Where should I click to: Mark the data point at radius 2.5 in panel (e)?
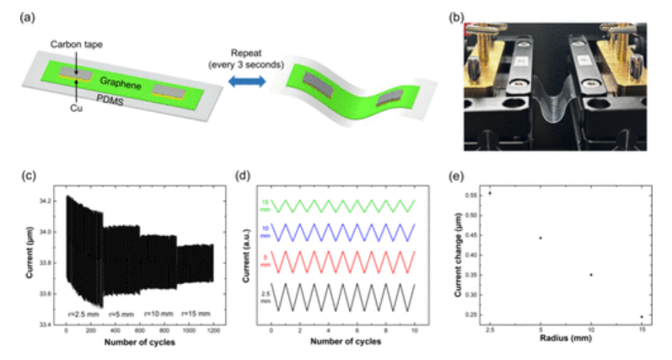coord(490,193)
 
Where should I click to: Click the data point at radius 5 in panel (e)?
coord(540,238)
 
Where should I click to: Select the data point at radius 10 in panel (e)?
coord(591,275)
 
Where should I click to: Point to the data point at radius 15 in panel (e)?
coord(642,317)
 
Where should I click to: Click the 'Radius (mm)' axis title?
coord(566,341)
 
